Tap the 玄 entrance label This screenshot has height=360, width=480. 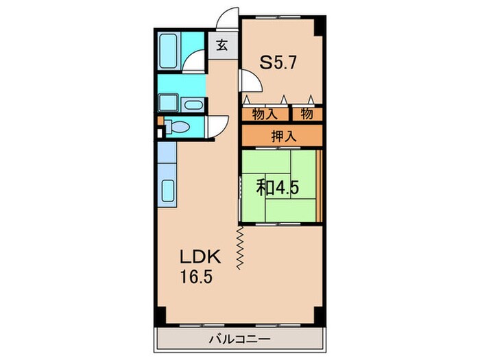223,46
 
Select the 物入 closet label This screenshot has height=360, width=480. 265,113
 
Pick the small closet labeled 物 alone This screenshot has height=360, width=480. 307,113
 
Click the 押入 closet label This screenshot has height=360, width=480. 282,135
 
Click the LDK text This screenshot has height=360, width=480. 200,258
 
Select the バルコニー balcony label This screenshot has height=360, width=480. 239,339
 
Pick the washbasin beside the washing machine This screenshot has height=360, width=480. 194,105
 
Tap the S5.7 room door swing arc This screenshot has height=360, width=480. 250,82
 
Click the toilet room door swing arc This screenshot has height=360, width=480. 220,126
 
